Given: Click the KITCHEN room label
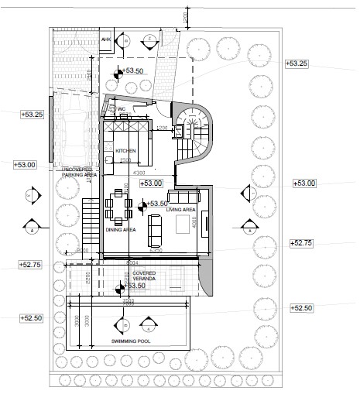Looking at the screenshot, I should pyautogui.click(x=125, y=151).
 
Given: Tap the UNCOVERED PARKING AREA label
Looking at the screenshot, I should pyautogui.click(x=78, y=172).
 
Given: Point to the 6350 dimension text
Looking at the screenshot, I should pyautogui.click(x=156, y=251).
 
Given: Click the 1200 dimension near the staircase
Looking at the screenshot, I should pyautogui.click(x=163, y=127).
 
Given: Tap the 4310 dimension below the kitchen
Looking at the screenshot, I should pyautogui.click(x=140, y=171).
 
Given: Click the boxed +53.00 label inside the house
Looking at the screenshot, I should pyautogui.click(x=152, y=183).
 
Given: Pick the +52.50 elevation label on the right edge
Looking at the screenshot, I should pyautogui.click(x=301, y=308).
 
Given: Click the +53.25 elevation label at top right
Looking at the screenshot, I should pyautogui.click(x=297, y=63).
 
